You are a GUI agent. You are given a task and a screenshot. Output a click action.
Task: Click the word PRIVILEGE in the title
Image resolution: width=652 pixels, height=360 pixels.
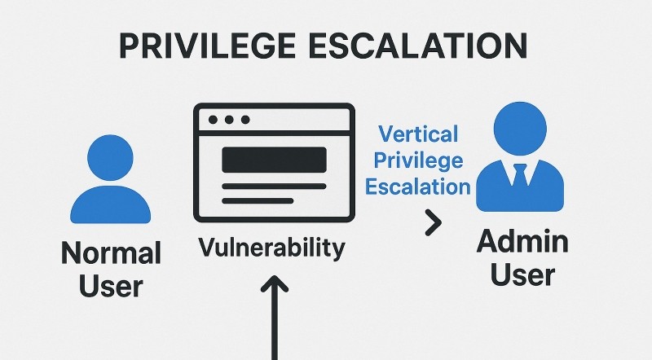click(207, 46)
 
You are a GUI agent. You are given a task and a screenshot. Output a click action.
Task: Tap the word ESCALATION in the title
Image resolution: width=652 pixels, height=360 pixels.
click(418, 46)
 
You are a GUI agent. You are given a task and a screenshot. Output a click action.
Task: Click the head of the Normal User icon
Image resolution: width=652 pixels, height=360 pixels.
click(110, 157)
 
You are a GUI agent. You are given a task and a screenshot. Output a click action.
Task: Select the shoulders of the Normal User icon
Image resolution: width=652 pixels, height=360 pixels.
click(111, 204)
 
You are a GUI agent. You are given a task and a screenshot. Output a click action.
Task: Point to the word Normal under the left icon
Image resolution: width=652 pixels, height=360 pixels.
click(111, 252)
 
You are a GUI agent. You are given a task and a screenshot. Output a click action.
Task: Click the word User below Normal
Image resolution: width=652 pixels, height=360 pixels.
click(111, 286)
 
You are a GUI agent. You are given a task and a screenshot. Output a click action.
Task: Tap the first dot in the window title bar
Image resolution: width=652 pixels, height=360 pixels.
click(213, 120)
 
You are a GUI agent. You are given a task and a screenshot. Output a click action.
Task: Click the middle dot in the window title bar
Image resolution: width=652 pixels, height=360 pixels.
click(229, 120)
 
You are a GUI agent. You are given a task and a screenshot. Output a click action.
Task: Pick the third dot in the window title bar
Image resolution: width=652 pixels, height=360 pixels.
click(245, 120)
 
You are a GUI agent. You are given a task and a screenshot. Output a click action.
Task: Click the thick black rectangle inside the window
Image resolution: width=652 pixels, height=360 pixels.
click(274, 160)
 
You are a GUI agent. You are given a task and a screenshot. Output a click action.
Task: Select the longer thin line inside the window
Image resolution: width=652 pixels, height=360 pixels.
click(274, 187)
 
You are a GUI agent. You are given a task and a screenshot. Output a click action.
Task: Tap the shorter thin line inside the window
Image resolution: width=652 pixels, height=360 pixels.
click(258, 201)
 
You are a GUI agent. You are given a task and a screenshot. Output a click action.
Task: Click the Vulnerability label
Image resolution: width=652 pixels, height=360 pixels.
click(272, 248)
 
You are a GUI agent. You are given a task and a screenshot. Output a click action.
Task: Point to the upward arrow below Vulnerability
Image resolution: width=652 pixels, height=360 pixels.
click(275, 318)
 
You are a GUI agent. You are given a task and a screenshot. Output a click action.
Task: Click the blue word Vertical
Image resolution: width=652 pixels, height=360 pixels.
click(418, 134)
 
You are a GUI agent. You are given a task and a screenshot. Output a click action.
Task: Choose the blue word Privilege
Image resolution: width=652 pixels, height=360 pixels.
click(418, 160)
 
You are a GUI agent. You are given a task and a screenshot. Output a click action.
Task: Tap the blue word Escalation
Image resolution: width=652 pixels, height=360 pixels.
click(418, 187)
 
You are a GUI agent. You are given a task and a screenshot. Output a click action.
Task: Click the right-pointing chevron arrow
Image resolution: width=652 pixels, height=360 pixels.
click(434, 223)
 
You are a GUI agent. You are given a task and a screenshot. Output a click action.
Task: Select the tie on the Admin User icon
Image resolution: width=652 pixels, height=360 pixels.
click(520, 174)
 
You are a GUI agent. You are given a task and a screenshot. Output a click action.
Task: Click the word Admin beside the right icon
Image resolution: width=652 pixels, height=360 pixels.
click(522, 241)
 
